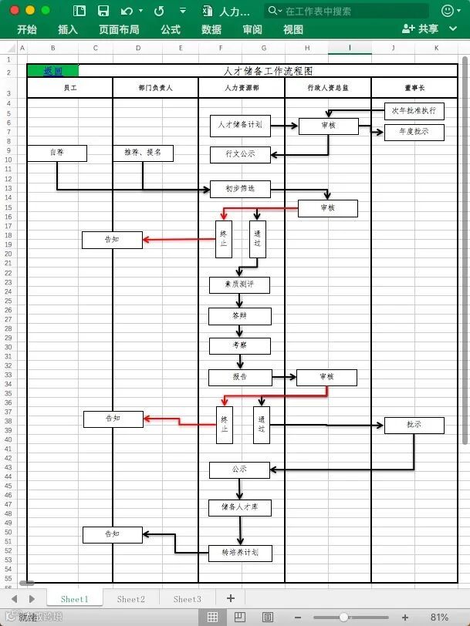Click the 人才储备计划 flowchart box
click(240, 125)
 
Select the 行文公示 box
click(240, 154)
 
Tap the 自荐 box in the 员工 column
click(57, 153)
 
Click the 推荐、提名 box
click(143, 153)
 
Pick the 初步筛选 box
click(240, 189)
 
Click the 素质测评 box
click(240, 285)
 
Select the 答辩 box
click(240, 316)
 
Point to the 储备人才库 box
click(240, 508)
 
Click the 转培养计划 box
click(240, 553)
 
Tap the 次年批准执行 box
click(414, 111)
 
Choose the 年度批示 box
click(414, 132)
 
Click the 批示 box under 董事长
click(414, 425)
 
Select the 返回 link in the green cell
click(52, 71)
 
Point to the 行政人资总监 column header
click(327, 88)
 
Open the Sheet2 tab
click(130, 599)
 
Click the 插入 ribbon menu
click(68, 29)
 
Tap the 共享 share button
click(421, 29)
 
